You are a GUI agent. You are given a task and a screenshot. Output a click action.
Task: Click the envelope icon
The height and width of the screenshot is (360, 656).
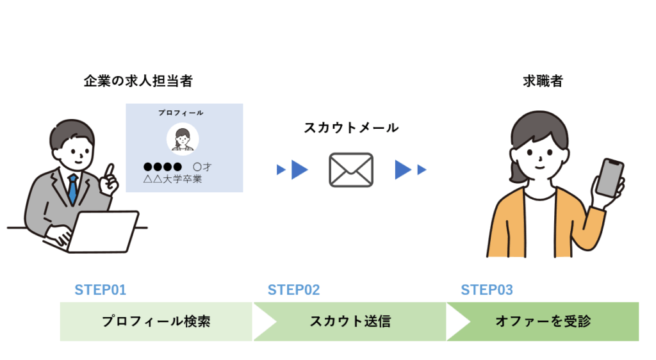click(x=350, y=170)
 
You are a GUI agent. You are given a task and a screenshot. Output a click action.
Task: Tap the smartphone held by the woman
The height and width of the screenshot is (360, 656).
click(x=610, y=177)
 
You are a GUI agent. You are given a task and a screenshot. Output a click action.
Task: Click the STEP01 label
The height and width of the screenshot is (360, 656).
click(x=101, y=290)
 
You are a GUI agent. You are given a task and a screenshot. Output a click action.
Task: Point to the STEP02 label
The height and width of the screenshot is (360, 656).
click(x=293, y=290)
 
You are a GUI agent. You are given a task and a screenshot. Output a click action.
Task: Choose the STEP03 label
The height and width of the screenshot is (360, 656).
click(x=487, y=290)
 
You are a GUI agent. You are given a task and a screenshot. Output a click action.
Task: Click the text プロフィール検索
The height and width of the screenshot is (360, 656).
click(x=156, y=322)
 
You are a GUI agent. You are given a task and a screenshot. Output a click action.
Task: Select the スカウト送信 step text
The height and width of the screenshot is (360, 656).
click(x=350, y=322)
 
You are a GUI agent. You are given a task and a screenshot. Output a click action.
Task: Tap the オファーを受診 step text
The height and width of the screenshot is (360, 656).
click(x=542, y=322)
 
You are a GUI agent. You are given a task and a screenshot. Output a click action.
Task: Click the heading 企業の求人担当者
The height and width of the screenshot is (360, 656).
click(x=138, y=81)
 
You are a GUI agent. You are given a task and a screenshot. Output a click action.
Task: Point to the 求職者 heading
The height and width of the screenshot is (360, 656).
click(x=542, y=81)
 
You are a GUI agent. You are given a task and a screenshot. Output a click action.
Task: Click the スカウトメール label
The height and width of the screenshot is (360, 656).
click(x=351, y=128)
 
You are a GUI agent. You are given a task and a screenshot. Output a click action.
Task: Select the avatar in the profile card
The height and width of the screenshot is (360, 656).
click(x=183, y=139)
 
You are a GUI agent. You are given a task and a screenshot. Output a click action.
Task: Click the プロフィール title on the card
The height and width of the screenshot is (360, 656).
click(x=181, y=113)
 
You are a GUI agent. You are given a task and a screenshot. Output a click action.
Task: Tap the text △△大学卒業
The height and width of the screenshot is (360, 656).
click(x=172, y=179)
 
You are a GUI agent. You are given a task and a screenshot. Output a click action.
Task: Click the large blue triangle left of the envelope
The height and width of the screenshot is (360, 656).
click(x=299, y=170)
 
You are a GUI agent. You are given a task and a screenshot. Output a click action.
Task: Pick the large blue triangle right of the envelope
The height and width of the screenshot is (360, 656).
click(x=402, y=170)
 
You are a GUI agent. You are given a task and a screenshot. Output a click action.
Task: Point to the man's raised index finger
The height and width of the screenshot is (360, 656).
click(x=111, y=170)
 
